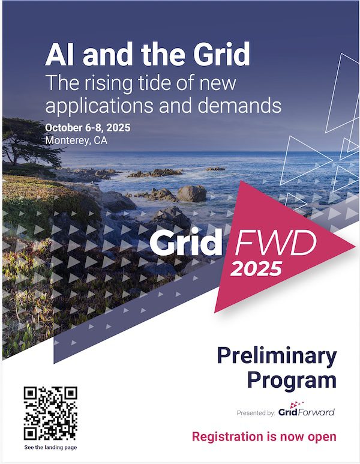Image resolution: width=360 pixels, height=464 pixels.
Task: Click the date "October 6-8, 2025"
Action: coord(88,128)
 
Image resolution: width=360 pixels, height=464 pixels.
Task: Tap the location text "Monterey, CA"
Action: coord(76,140)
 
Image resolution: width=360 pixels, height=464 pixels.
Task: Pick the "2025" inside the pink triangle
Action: coord(256,269)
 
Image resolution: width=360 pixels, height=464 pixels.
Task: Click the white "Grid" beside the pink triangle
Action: coord(186,242)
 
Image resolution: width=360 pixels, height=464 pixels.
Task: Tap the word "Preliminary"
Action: coord(277,355)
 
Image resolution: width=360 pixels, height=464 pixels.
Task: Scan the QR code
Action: coord(50,414)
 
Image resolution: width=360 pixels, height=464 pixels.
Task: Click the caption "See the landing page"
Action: coord(50,447)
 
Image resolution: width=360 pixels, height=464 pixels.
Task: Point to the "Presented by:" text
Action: coord(256,413)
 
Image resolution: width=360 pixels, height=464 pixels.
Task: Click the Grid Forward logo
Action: coord(307,409)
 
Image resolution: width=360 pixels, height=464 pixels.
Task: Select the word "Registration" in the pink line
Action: coord(227,437)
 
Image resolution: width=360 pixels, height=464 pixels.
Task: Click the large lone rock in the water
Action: coord(192,193)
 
